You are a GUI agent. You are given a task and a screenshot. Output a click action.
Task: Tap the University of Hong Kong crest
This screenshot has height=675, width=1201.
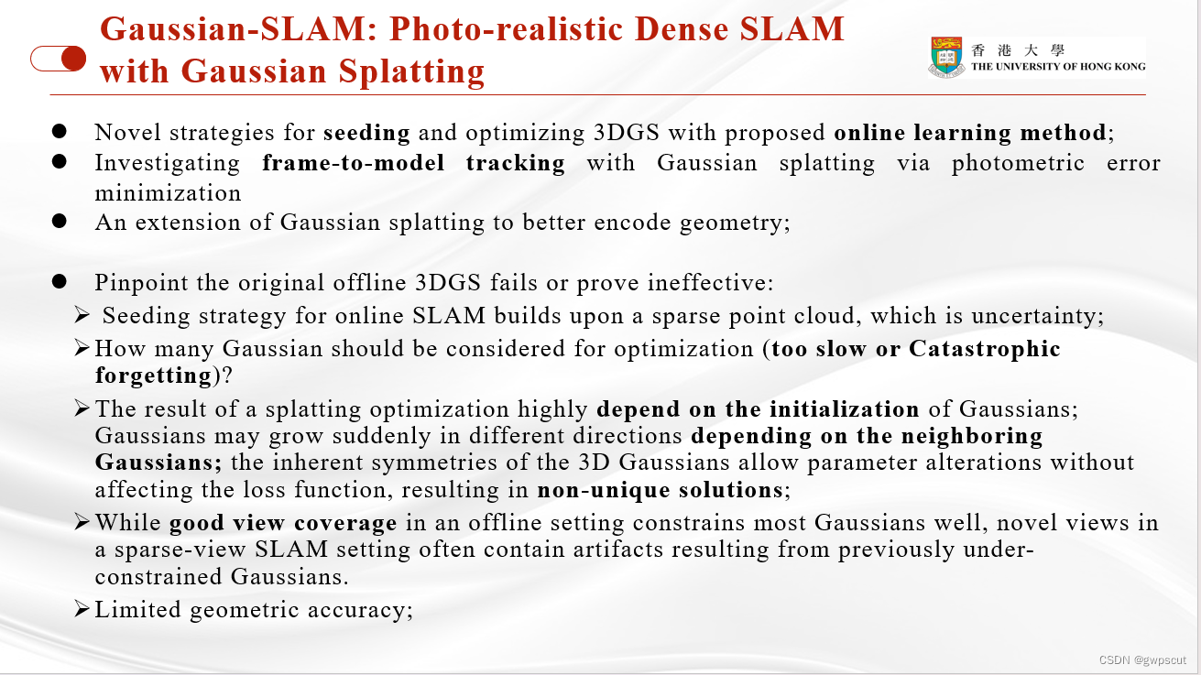(x=947, y=57)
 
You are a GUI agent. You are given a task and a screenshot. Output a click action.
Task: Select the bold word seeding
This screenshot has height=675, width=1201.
(x=366, y=133)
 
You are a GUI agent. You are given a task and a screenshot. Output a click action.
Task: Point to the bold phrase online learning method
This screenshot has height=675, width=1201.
(x=969, y=133)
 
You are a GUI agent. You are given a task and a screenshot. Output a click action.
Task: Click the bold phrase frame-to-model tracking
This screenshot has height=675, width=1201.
(x=413, y=163)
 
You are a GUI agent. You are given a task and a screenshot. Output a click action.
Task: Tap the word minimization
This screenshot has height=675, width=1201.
(x=168, y=193)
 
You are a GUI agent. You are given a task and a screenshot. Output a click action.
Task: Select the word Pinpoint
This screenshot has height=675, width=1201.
(x=136, y=282)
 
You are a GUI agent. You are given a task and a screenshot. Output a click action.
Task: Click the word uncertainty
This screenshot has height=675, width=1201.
(x=1035, y=316)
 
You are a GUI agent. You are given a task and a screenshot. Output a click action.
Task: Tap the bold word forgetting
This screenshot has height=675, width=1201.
(x=153, y=376)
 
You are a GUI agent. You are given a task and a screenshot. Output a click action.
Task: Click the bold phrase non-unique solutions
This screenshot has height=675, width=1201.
(x=660, y=490)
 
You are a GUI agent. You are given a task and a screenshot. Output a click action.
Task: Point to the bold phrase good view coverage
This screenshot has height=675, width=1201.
(x=283, y=524)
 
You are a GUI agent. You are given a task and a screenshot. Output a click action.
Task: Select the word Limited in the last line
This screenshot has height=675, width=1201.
(x=138, y=610)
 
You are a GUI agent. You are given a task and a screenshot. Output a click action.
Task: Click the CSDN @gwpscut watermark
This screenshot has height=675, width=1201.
(x=1141, y=659)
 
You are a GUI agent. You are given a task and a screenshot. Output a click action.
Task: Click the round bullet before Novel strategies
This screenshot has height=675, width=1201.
(x=60, y=131)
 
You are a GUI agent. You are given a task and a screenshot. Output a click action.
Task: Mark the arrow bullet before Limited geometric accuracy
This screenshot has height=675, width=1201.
(x=82, y=609)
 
